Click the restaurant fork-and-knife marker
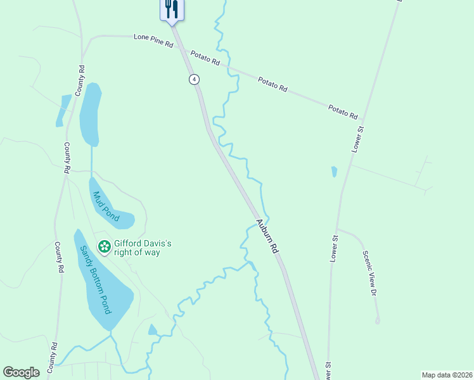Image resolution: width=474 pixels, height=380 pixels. [171, 9]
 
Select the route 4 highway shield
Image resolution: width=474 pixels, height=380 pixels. [194, 79]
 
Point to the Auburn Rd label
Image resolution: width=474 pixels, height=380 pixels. [267, 236]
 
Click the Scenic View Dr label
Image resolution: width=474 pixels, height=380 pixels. [370, 273]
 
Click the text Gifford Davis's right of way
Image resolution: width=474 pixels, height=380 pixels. [143, 248]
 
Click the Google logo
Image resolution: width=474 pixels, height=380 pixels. [22, 372]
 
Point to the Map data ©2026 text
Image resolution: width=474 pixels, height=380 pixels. [447, 375]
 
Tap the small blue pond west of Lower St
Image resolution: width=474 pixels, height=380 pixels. [334, 172]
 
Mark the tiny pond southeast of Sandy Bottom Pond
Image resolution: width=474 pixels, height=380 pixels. [152, 330]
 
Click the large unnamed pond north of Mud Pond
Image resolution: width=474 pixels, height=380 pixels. [91, 114]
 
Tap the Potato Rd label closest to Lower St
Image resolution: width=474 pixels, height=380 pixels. [343, 112]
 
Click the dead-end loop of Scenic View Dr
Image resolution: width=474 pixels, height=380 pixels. [378, 321]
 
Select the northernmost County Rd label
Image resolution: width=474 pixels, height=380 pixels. [80, 80]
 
